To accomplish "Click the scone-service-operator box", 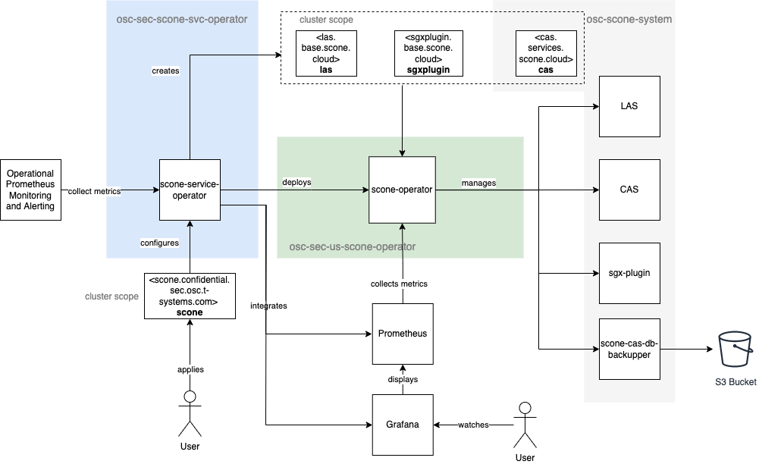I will coord(190,190).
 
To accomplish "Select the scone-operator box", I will coord(402,190).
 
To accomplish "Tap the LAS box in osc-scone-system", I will coord(629,106).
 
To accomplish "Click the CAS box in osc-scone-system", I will coord(629,190).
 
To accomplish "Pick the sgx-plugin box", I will coord(629,273).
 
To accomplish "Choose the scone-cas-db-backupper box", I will coord(629,349).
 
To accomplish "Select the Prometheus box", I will coord(403,334).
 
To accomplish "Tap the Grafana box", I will coord(403,425).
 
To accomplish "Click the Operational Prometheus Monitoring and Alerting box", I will coord(30,190).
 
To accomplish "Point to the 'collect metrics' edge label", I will coord(94,191).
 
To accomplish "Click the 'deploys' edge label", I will coord(296,183).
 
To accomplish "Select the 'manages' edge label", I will coord(478,183).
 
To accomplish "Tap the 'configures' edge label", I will coord(159,243).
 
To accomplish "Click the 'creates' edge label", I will coord(165,71).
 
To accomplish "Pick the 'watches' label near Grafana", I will coord(473,425).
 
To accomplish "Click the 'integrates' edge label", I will coord(268,306).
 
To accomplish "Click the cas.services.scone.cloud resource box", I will coord(545,53).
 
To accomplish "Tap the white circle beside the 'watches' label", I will coord(525,408).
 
